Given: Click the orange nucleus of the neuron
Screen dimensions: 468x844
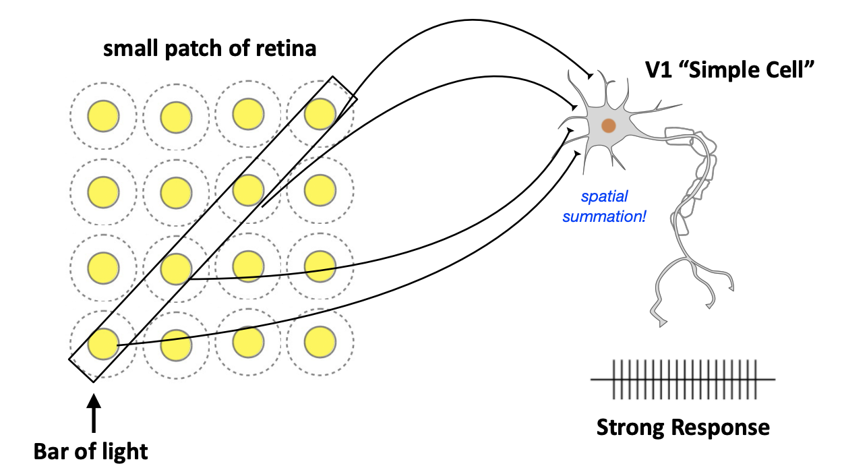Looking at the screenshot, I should [x=609, y=125].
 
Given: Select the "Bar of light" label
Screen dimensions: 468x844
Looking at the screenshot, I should [x=91, y=450].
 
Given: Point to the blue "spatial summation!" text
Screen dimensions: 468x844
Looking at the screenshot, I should [x=605, y=207].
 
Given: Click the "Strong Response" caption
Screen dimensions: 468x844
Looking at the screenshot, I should [x=683, y=428].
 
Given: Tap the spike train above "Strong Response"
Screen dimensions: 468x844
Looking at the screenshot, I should [x=683, y=380].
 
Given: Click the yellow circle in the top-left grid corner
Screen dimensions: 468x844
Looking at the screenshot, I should [x=103, y=116].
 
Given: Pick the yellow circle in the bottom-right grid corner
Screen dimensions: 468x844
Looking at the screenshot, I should [x=320, y=342].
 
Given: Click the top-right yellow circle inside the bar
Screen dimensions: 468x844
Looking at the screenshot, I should [x=320, y=114].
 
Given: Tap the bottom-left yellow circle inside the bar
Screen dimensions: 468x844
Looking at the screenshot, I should [x=103, y=344].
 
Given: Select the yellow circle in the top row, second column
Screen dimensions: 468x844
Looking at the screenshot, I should [x=176, y=116].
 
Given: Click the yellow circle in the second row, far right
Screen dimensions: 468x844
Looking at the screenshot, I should [x=320, y=190].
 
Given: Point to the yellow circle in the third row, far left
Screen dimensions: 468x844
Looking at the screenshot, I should [x=103, y=267].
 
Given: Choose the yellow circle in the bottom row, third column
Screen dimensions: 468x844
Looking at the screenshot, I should [x=248, y=342].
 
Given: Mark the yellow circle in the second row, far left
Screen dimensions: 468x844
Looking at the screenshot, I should [x=103, y=191].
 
